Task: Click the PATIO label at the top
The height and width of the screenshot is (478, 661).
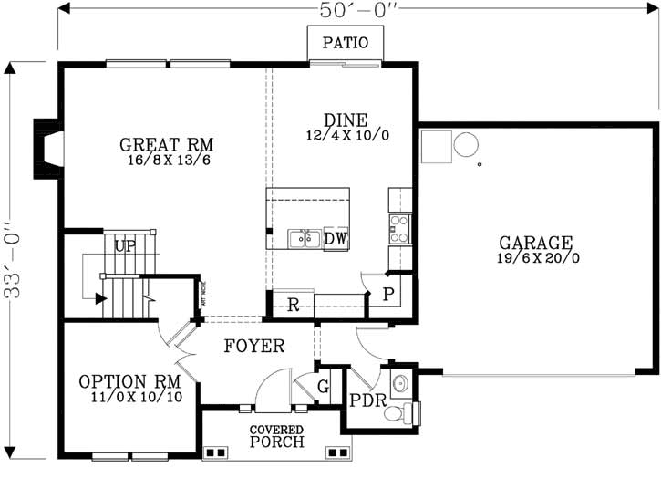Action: [345, 43]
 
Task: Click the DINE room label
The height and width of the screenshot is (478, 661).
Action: [346, 119]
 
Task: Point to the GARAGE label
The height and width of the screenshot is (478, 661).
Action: [535, 244]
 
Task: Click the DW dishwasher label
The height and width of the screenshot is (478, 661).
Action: [336, 239]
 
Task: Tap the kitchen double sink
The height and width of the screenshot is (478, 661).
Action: [302, 239]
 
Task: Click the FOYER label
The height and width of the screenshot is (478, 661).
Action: [253, 347]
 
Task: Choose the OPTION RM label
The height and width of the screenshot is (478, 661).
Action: [129, 381]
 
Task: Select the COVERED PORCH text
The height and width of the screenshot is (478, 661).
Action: [277, 436]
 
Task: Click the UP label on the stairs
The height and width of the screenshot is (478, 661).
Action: [125, 247]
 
